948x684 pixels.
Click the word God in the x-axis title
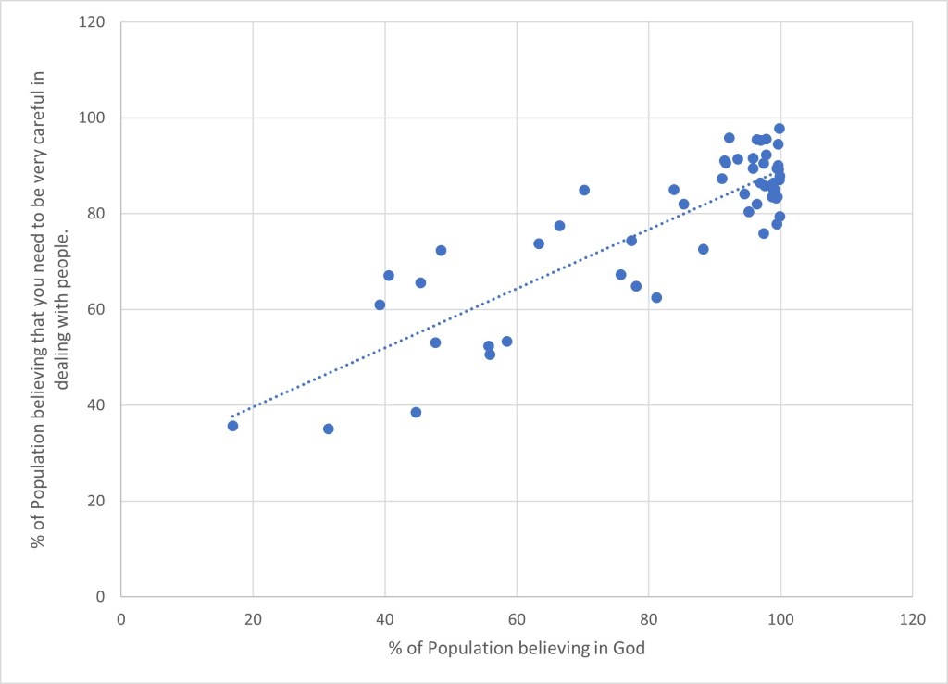[x=629, y=648]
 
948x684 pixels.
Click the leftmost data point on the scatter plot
[x=232, y=426]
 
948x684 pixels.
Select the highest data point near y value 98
[x=780, y=129]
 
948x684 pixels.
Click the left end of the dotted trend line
[x=232, y=417]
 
